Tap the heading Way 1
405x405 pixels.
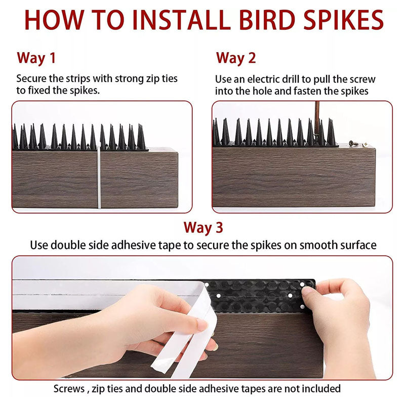click(36, 58)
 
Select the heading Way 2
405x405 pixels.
click(236, 58)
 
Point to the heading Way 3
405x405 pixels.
click(203, 227)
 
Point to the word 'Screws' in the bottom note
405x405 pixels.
click(70, 389)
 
